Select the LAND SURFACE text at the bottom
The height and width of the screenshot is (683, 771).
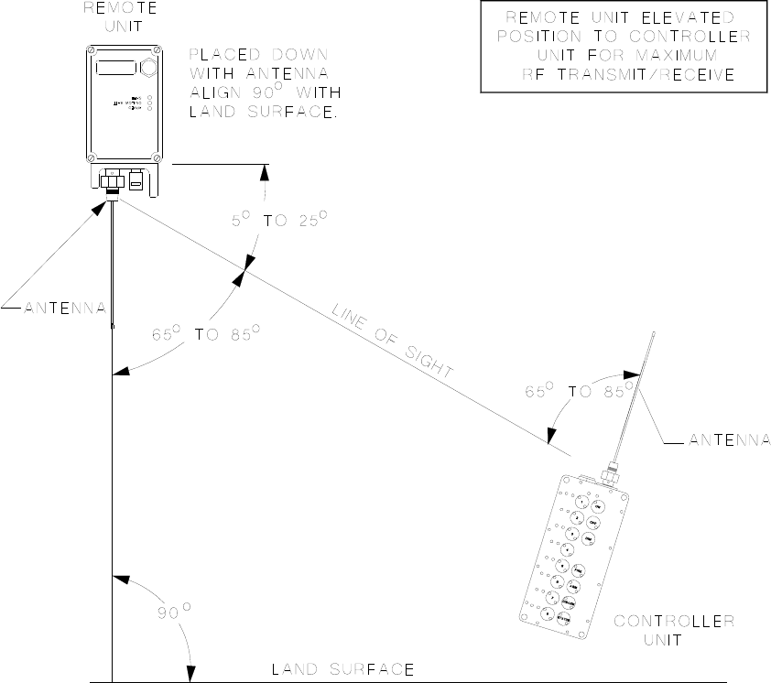click(x=343, y=668)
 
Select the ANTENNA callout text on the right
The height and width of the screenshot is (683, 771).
click(x=729, y=439)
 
